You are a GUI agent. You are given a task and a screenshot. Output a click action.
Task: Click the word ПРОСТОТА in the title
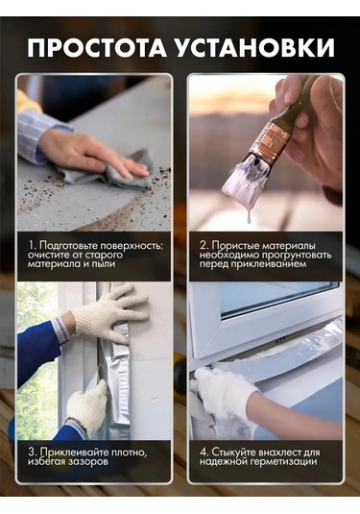pyautogui.click(x=97, y=47)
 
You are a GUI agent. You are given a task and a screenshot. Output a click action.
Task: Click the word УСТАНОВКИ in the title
pyautogui.click(x=255, y=47)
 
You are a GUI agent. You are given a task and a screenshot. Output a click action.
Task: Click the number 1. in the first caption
pyautogui.click(x=32, y=246)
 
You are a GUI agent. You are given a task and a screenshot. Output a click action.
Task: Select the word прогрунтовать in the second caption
pyautogui.click(x=292, y=255)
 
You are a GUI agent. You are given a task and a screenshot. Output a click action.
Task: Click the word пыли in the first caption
pyautogui.click(x=103, y=264)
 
